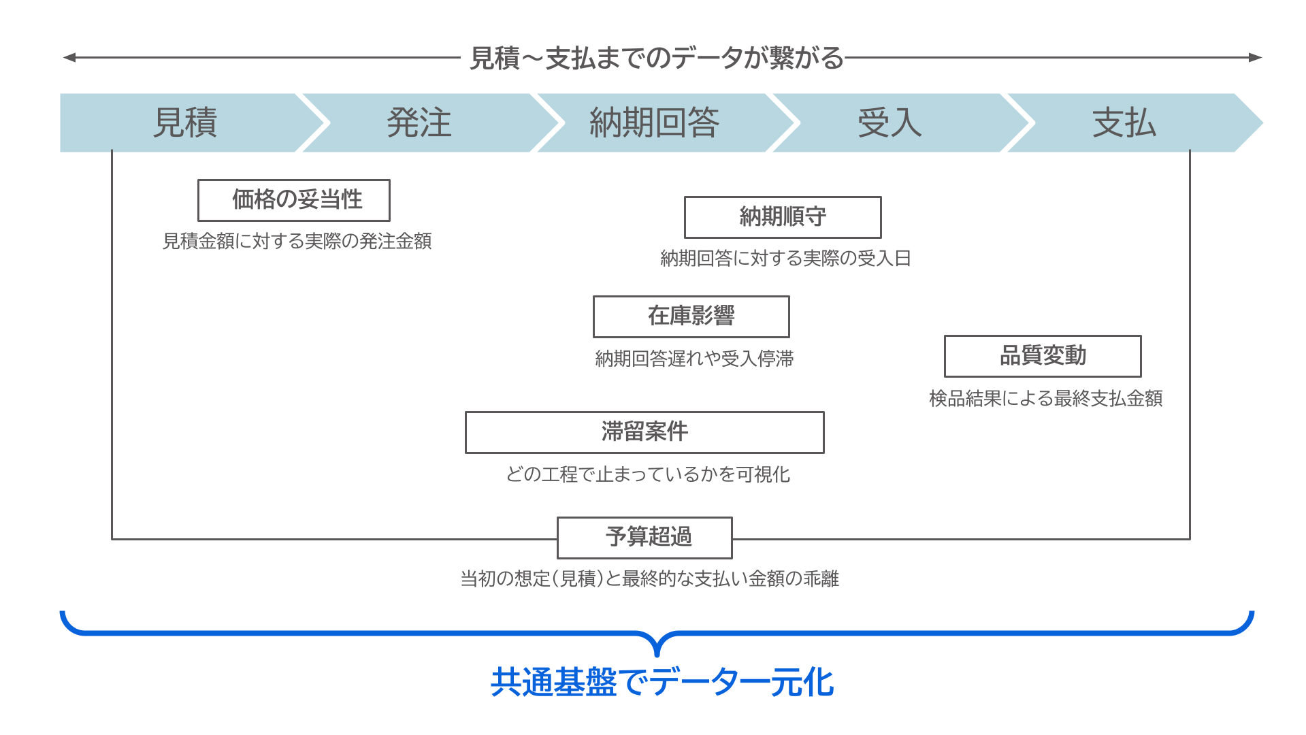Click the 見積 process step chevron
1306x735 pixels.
click(184, 122)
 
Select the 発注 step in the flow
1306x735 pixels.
click(419, 122)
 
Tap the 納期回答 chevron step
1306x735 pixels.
click(654, 122)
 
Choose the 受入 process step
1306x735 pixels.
click(889, 122)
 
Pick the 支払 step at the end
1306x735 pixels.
click(1124, 122)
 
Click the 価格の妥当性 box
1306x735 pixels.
click(294, 200)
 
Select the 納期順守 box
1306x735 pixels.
click(783, 217)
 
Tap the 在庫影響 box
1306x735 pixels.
click(691, 316)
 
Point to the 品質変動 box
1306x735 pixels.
click(1043, 356)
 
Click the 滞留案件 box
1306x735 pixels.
click(644, 432)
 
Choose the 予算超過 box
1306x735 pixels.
click(644, 538)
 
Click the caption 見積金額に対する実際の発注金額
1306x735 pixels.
click(297, 242)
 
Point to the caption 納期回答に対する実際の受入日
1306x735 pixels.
click(785, 259)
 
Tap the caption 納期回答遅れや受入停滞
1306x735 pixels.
click(694, 359)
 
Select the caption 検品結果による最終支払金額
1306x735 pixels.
click(1045, 399)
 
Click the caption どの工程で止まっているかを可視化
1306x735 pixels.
click(648, 474)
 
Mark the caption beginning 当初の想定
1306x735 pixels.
click(649, 579)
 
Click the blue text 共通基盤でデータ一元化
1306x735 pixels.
click(662, 682)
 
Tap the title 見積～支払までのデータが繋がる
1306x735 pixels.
click(656, 59)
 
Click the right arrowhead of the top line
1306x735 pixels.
click(1256, 58)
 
